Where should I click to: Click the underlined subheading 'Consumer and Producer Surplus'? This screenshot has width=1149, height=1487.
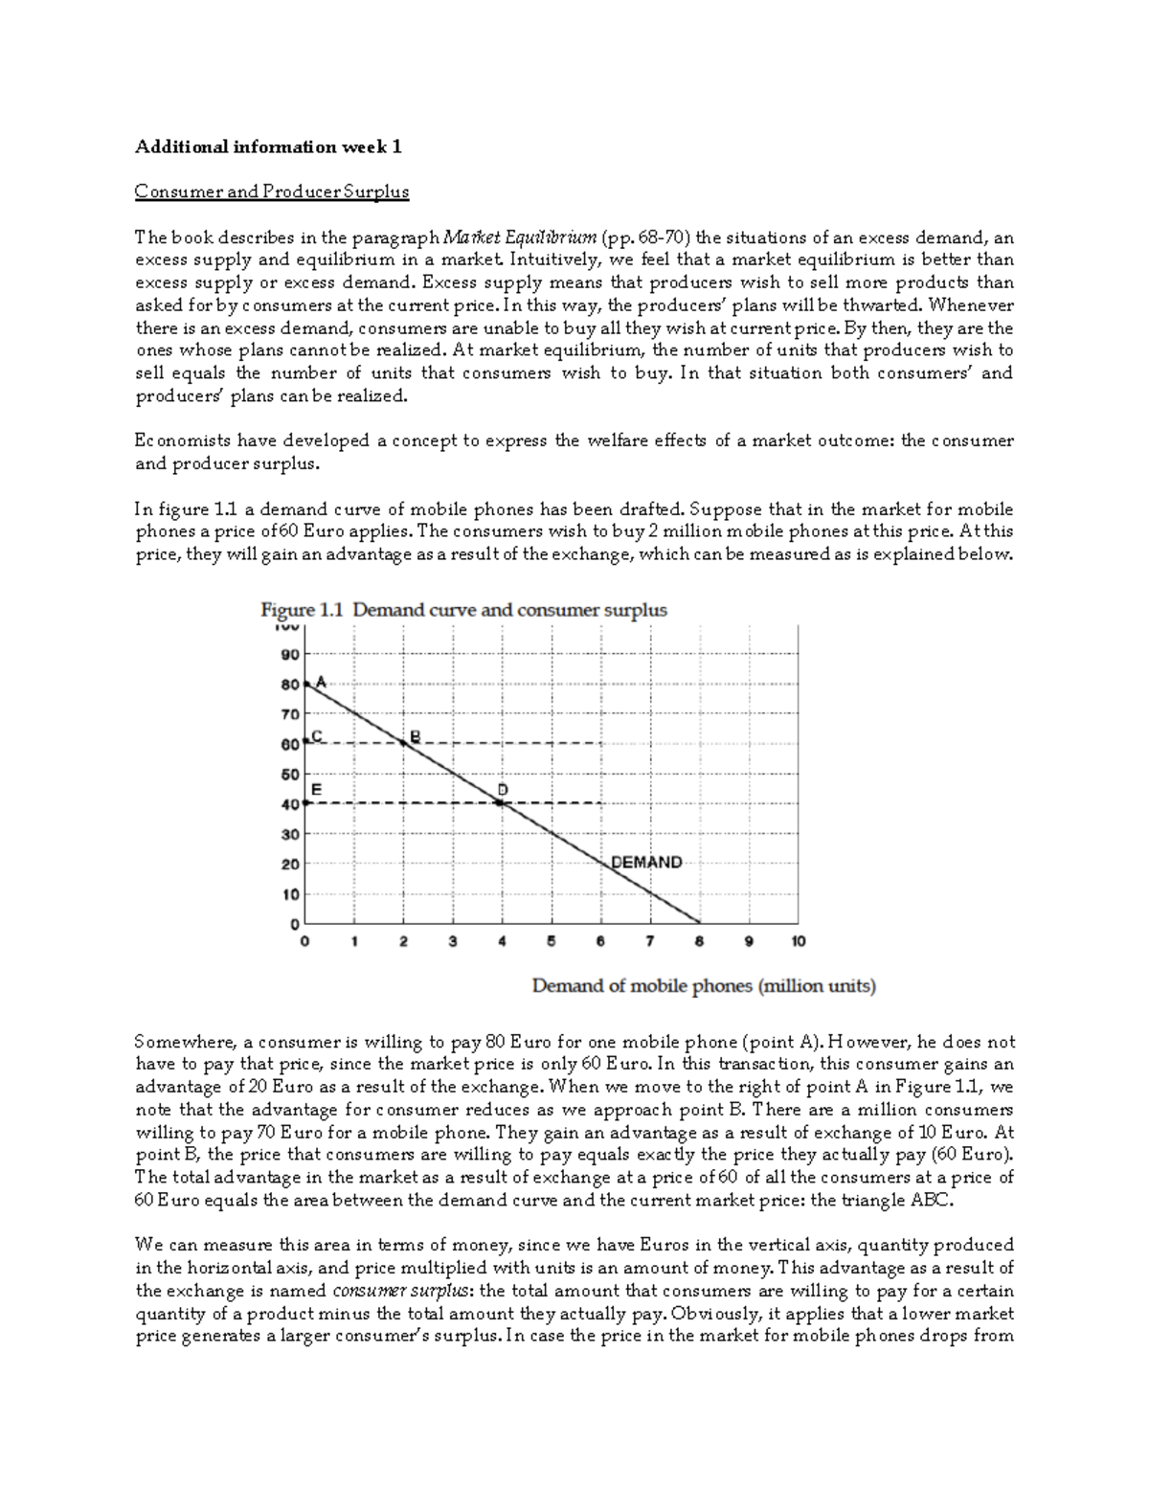(272, 192)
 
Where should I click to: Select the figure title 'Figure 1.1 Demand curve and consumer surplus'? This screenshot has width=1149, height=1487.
(464, 610)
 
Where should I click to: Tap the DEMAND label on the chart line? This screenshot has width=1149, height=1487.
(646, 862)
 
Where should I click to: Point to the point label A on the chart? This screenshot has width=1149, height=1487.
(321, 683)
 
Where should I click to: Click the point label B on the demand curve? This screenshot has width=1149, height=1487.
(415, 735)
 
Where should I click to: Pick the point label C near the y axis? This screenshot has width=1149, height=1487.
(317, 735)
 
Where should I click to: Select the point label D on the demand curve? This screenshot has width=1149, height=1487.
(502, 789)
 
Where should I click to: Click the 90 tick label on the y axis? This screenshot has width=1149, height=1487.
(289, 654)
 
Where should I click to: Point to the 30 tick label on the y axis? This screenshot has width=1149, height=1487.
(289, 834)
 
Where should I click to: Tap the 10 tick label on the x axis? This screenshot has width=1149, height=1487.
(798, 941)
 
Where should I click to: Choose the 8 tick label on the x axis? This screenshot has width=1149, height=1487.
(699, 941)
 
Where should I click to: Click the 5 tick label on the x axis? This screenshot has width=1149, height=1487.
(552, 941)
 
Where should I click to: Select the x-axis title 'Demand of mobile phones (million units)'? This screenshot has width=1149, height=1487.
(703, 985)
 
